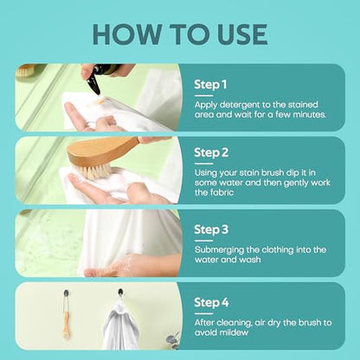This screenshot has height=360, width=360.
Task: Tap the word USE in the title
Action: (241, 35)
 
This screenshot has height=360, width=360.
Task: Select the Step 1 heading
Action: (210, 85)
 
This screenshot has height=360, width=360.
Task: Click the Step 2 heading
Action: (211, 152)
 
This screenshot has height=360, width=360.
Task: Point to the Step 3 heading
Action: (211, 229)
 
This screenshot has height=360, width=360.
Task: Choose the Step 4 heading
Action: (211, 303)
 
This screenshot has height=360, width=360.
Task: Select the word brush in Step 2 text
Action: (273, 173)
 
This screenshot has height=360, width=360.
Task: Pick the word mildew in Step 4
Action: (234, 332)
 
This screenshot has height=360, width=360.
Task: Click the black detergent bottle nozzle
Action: (94, 84)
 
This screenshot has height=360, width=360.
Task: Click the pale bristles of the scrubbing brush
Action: (94, 170)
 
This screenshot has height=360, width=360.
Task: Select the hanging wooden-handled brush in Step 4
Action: (67, 315)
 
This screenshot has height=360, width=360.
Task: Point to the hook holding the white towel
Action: (120, 293)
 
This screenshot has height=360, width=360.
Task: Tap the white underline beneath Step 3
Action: (203, 241)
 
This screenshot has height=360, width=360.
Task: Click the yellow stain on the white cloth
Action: (100, 101)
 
